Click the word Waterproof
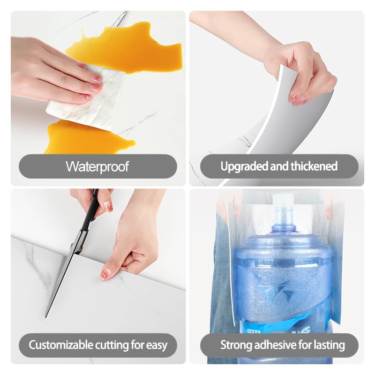tap(97, 166)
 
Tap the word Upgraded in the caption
tap(244, 167)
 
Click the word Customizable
tap(61, 345)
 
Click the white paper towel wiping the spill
tap(86, 98)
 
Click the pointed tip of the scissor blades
tap(45, 317)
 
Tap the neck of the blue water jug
tap(284, 220)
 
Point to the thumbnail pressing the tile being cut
tap(105, 274)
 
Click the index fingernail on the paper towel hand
tap(97, 79)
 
